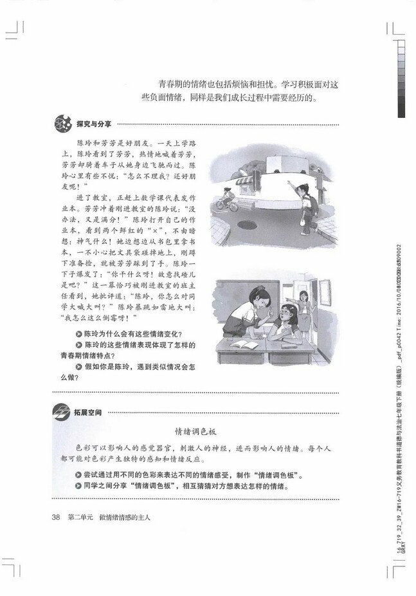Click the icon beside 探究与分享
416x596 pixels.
[62, 123]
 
